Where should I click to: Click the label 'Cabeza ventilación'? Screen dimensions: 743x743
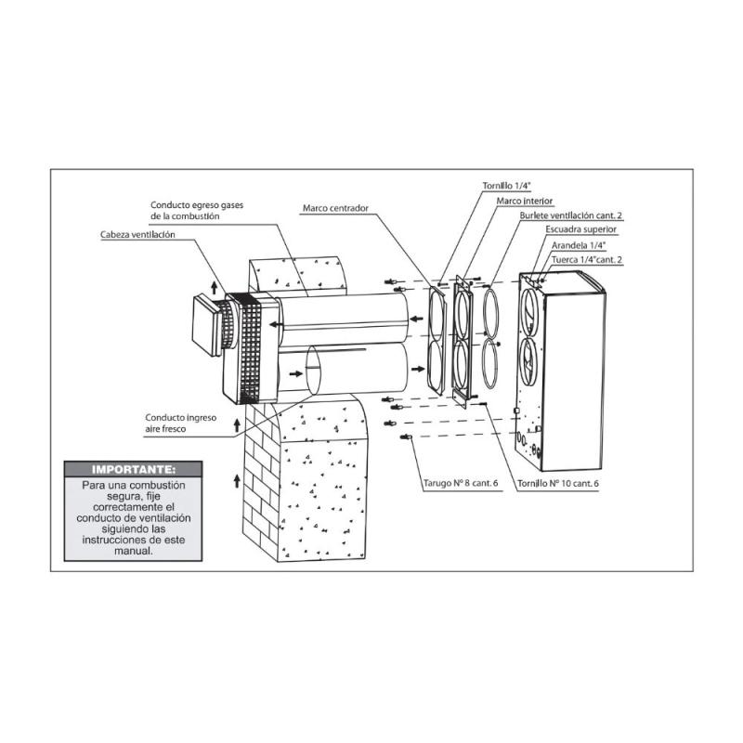click(137, 235)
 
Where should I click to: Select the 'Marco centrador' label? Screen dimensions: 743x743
click(335, 208)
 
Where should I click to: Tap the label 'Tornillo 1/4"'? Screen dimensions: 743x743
click(506, 186)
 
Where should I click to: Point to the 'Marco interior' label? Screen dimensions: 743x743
click(525, 201)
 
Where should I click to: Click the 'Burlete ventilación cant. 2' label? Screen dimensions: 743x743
click(571, 215)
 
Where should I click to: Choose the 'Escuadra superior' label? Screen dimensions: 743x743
click(581, 229)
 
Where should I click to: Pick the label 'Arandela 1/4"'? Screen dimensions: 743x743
click(579, 245)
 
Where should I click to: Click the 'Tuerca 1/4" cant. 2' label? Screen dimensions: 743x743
click(587, 260)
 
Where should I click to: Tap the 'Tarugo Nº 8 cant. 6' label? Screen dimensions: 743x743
click(461, 483)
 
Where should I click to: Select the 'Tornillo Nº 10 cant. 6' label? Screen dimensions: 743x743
click(558, 483)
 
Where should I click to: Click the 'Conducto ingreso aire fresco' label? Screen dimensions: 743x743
click(180, 424)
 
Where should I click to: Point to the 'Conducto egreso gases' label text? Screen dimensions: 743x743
click(197, 205)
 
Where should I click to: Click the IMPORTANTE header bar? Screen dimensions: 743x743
click(133, 469)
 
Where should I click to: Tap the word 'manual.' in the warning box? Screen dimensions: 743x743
click(133, 551)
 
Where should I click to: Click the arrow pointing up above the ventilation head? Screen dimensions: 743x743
click(215, 287)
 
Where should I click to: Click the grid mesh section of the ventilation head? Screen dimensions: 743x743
click(250, 348)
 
